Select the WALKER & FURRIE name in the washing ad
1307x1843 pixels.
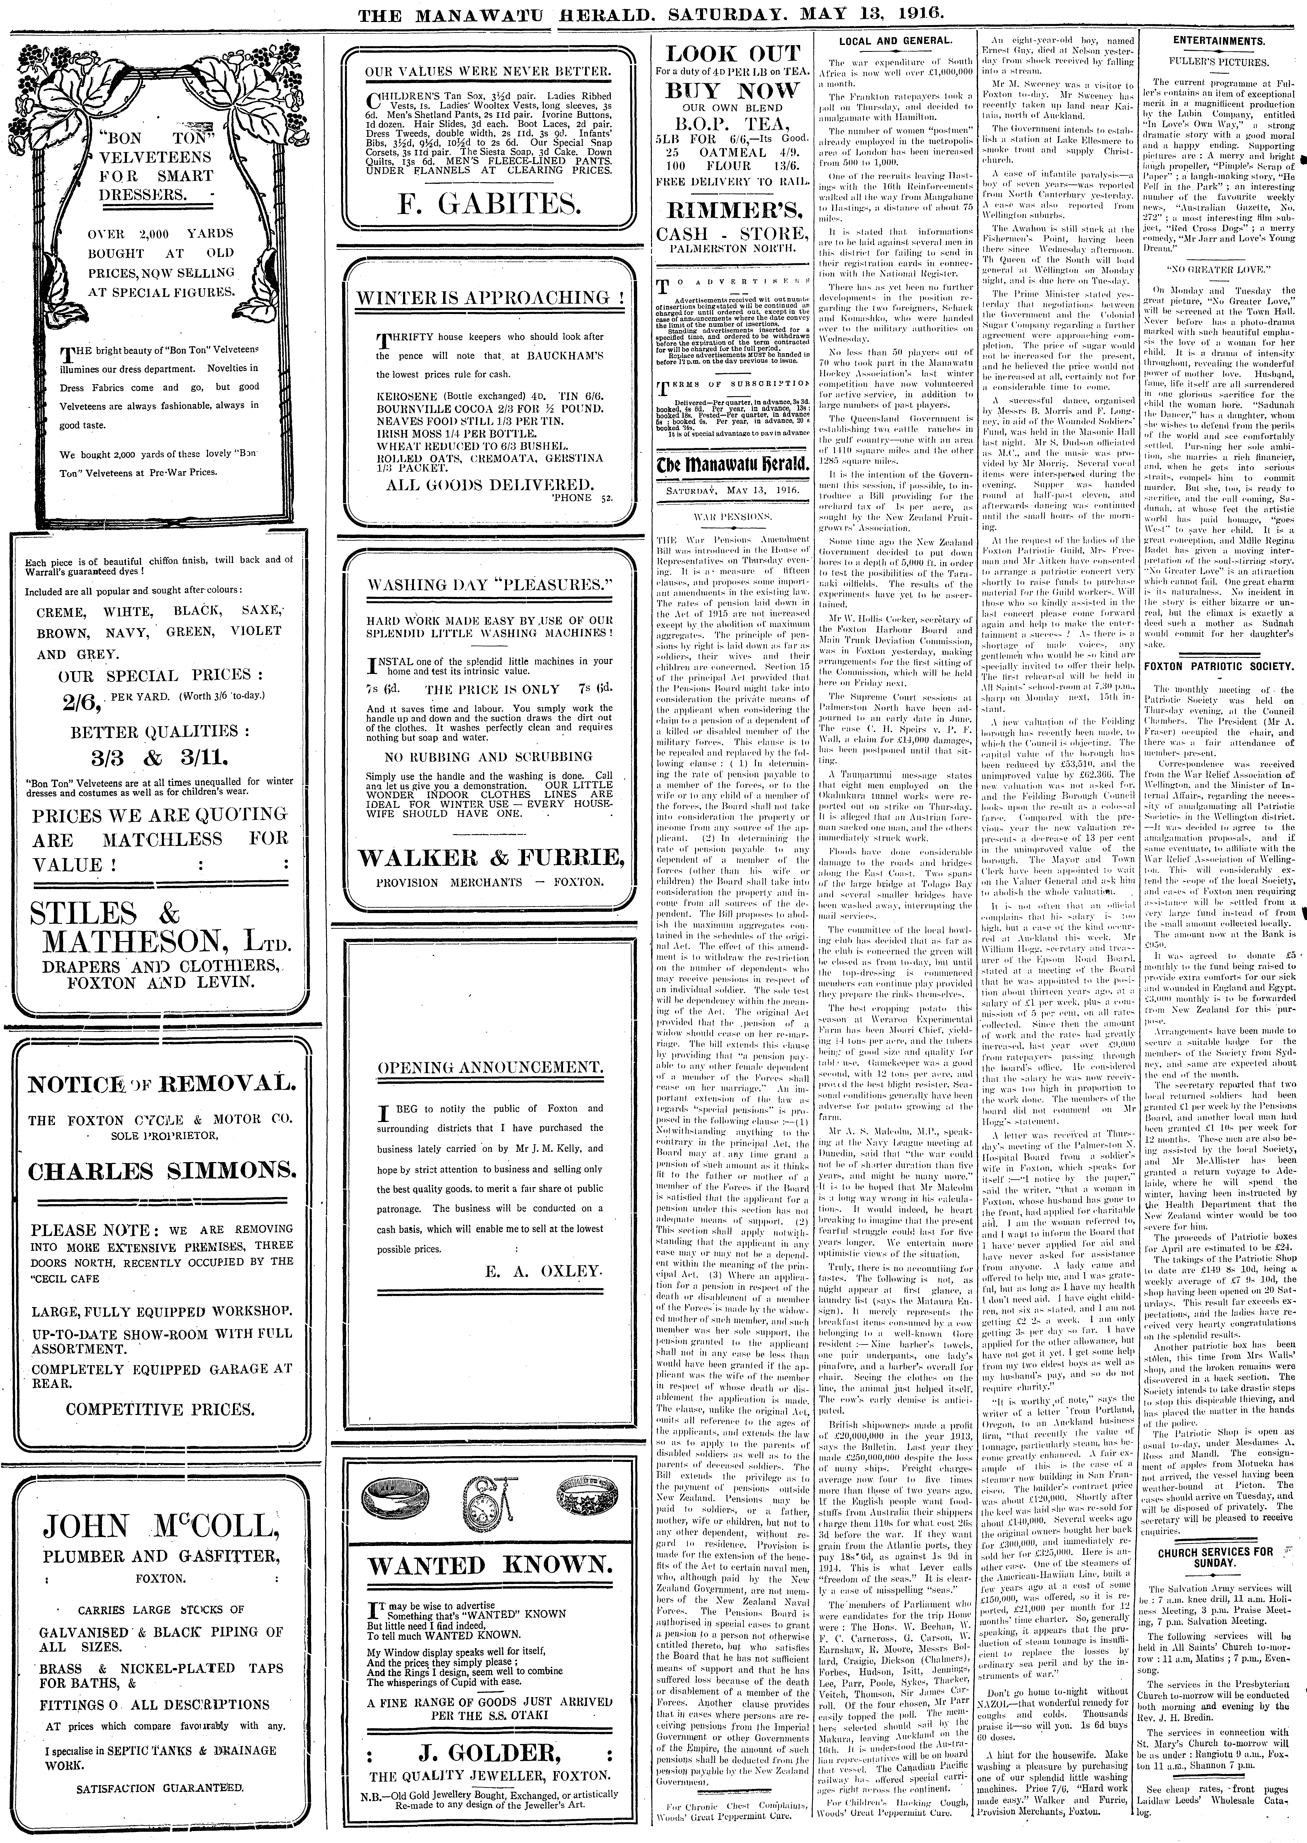pos(491,858)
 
